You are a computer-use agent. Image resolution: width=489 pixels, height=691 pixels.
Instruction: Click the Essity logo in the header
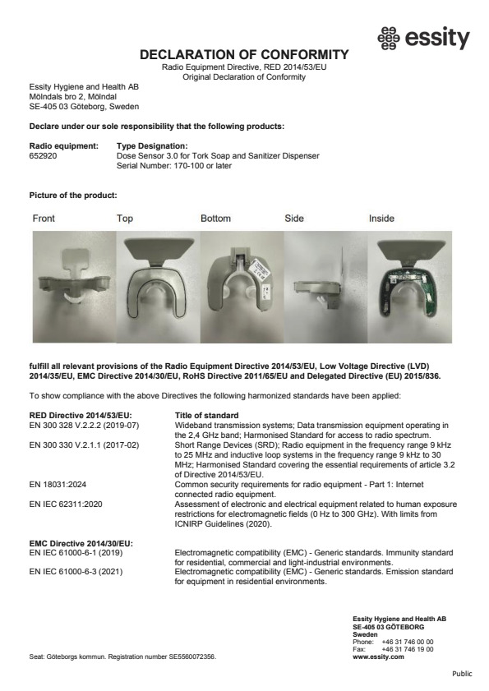(x=422, y=39)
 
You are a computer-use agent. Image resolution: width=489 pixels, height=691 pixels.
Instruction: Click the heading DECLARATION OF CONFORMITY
(x=245, y=54)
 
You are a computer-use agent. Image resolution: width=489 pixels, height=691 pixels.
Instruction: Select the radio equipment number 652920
(x=42, y=154)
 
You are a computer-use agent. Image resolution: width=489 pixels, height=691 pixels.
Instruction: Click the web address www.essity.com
(x=377, y=656)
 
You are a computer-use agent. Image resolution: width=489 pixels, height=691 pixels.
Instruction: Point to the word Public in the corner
(x=463, y=674)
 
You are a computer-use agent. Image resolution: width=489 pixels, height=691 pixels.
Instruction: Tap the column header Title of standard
(x=207, y=416)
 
